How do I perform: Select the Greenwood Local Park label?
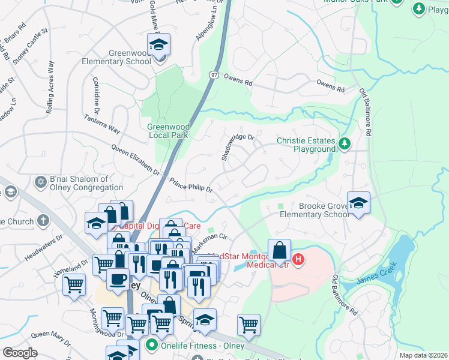pos(169,131)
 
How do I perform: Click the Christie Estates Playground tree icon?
pos(345,143)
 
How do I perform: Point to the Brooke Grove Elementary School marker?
pos(358,203)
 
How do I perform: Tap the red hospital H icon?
pos(300,260)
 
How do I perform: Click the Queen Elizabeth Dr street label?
pos(136,160)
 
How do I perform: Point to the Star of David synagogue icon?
pos(41,181)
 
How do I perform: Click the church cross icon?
pos(43,220)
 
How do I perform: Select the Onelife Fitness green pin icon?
pos(151,346)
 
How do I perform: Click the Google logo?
pos(20,353)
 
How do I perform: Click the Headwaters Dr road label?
pos(44,247)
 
